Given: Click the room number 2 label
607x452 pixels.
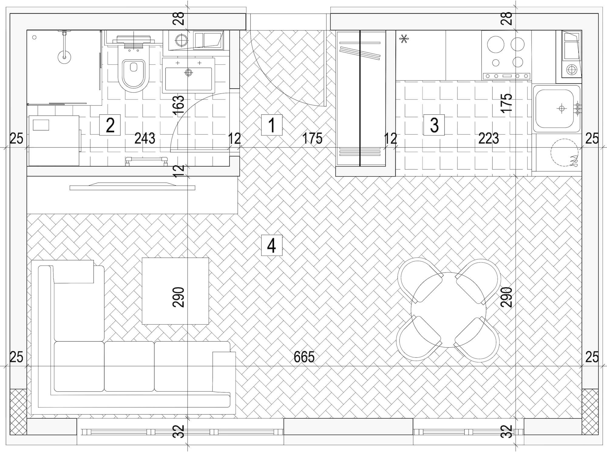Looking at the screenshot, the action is pos(110,125).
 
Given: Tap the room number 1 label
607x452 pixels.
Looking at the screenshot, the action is pos(272,125).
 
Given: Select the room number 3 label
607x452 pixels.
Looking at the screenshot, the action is pos(434,125).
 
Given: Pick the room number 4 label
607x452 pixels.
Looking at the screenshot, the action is pos(272,245).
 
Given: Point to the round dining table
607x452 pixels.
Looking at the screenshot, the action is pos(448,310).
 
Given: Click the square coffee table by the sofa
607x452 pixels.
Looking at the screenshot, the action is pos(175,291).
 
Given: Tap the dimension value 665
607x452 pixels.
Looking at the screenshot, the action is pos(304,357).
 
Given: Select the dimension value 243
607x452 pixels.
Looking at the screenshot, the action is pos(145,138).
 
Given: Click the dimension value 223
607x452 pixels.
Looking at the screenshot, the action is pos(489,138).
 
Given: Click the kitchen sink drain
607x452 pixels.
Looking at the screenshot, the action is pos(561,108).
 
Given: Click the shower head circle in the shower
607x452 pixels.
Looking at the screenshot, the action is pos(64,56).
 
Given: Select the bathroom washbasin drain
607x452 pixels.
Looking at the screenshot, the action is pos(188,73).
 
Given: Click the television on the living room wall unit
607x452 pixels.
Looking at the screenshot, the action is pos(132,186).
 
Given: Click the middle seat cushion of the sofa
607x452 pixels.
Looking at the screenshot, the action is pos(129,366).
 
